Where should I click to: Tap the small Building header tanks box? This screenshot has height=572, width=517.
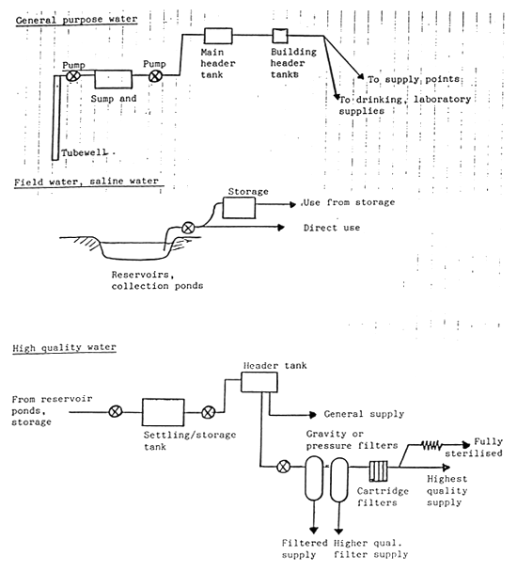278,36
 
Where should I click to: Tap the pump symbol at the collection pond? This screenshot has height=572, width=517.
188,228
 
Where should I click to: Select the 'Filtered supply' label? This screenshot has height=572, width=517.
305,548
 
